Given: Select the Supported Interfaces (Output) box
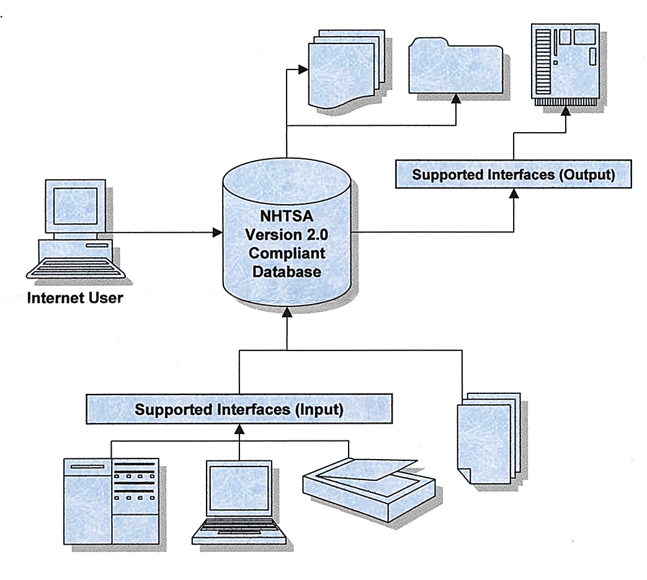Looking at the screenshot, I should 514,174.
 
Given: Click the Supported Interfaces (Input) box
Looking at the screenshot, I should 239,409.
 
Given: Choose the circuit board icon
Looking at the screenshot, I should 566,63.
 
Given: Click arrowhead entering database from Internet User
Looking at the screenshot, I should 217,233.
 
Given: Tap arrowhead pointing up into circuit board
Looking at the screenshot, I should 566,111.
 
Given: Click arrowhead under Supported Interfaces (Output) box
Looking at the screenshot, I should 514,193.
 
